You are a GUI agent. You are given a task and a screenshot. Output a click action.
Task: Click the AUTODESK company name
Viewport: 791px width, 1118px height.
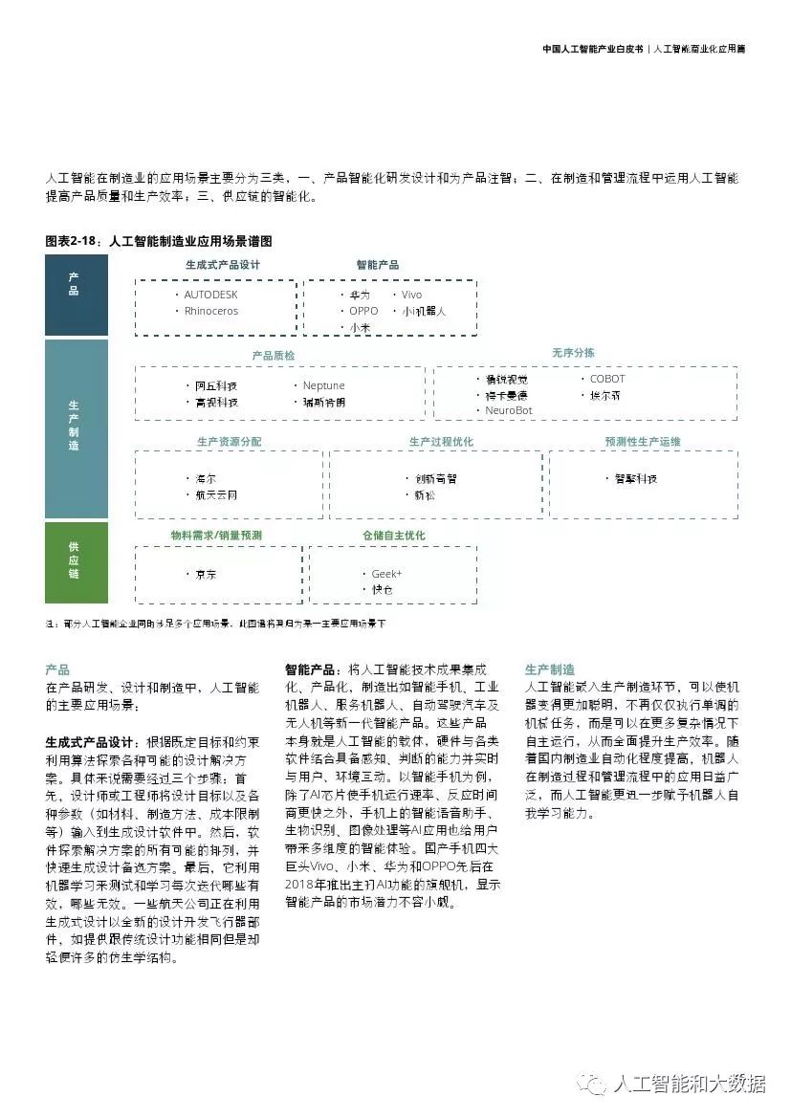210,295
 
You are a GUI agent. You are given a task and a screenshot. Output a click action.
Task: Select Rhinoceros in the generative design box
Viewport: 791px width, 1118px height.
211,311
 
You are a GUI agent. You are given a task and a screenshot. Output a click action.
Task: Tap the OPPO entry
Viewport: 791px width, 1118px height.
363,311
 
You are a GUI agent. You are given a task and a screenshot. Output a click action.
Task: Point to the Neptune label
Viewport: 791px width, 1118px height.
324,385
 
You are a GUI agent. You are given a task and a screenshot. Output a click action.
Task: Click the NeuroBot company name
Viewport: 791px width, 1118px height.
509,410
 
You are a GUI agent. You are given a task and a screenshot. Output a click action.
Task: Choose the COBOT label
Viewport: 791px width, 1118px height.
607,379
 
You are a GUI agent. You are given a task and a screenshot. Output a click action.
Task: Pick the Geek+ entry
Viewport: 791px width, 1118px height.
387,573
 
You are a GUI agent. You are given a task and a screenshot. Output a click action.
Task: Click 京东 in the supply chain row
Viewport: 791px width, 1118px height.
206,574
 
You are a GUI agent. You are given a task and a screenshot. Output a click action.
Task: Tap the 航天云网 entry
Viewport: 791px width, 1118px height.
216,494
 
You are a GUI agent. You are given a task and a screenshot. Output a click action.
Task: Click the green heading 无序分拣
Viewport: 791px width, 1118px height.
573,353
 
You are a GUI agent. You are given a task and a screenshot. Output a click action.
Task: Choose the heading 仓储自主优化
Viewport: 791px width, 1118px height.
393,536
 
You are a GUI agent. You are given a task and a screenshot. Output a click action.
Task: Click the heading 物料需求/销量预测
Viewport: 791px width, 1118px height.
216,536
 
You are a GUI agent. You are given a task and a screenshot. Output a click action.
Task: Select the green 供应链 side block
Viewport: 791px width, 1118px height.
76,561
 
